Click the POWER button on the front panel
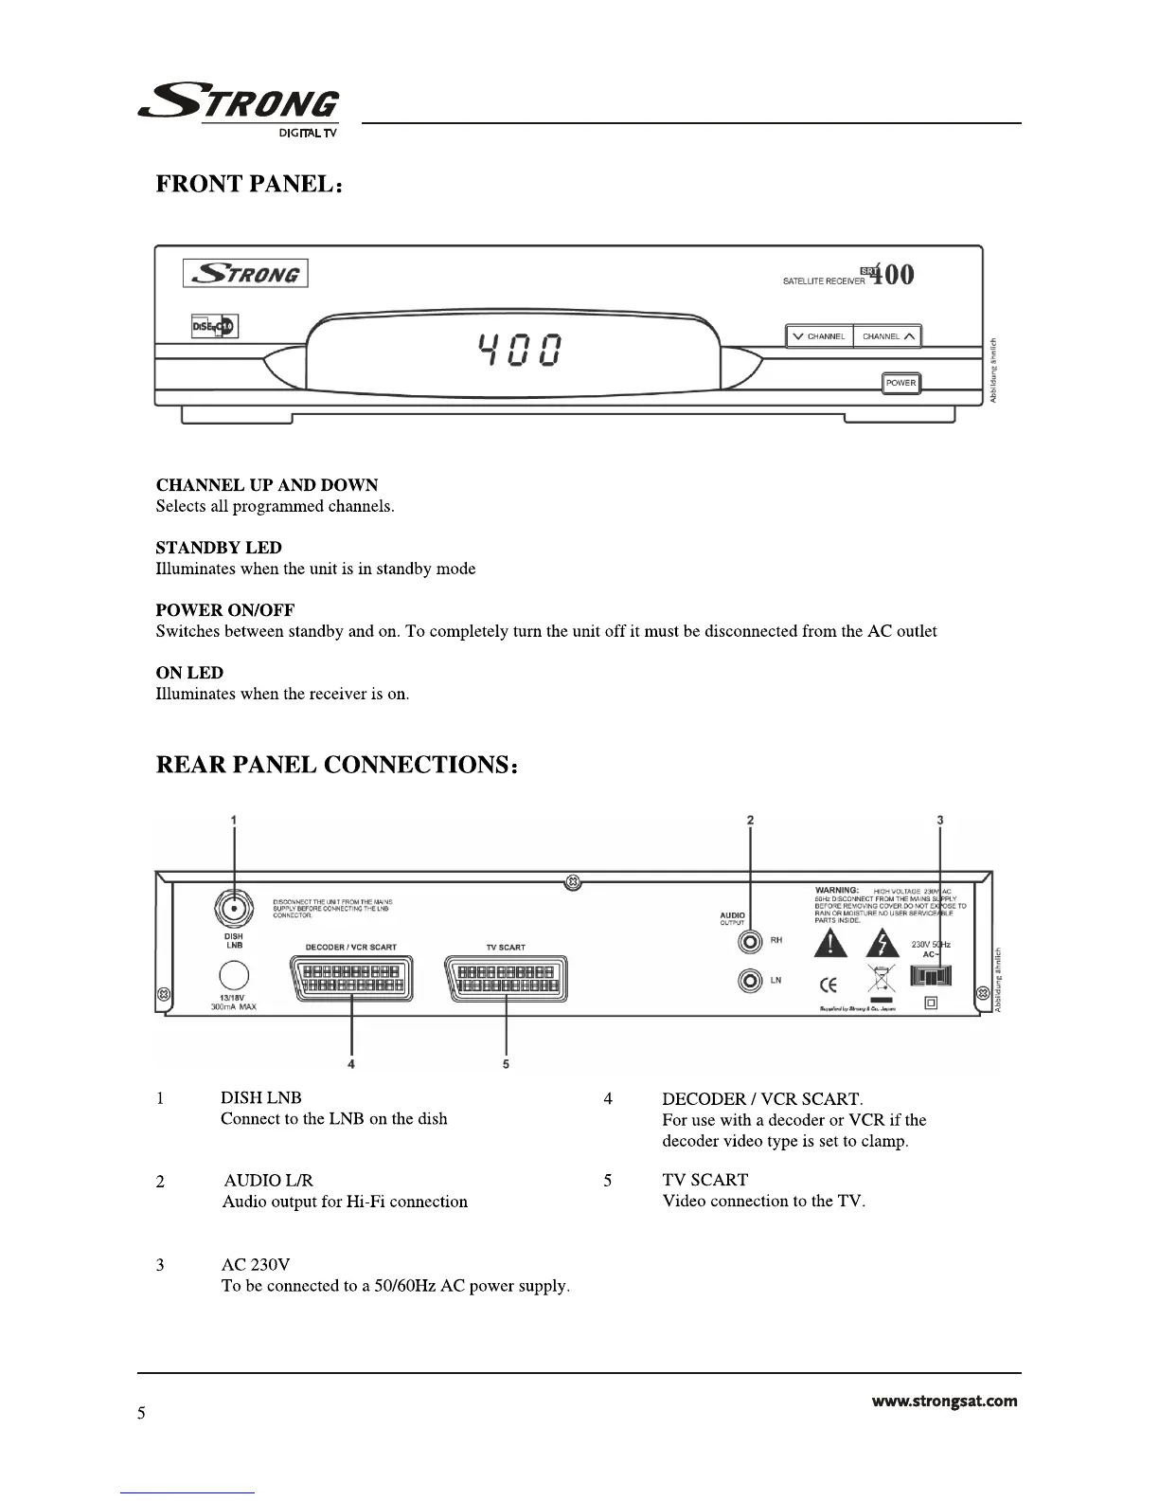coord(900,384)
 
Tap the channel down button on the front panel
coord(820,336)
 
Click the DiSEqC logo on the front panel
coord(215,327)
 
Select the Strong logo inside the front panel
coord(246,274)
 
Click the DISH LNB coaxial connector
coord(234,910)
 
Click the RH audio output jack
coord(751,942)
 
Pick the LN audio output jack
coord(751,981)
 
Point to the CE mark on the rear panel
coord(828,986)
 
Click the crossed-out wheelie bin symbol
coord(882,982)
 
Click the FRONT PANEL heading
coord(248,184)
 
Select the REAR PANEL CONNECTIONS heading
coord(336,765)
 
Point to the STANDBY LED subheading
coord(219,548)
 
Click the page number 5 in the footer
coord(142,1414)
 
